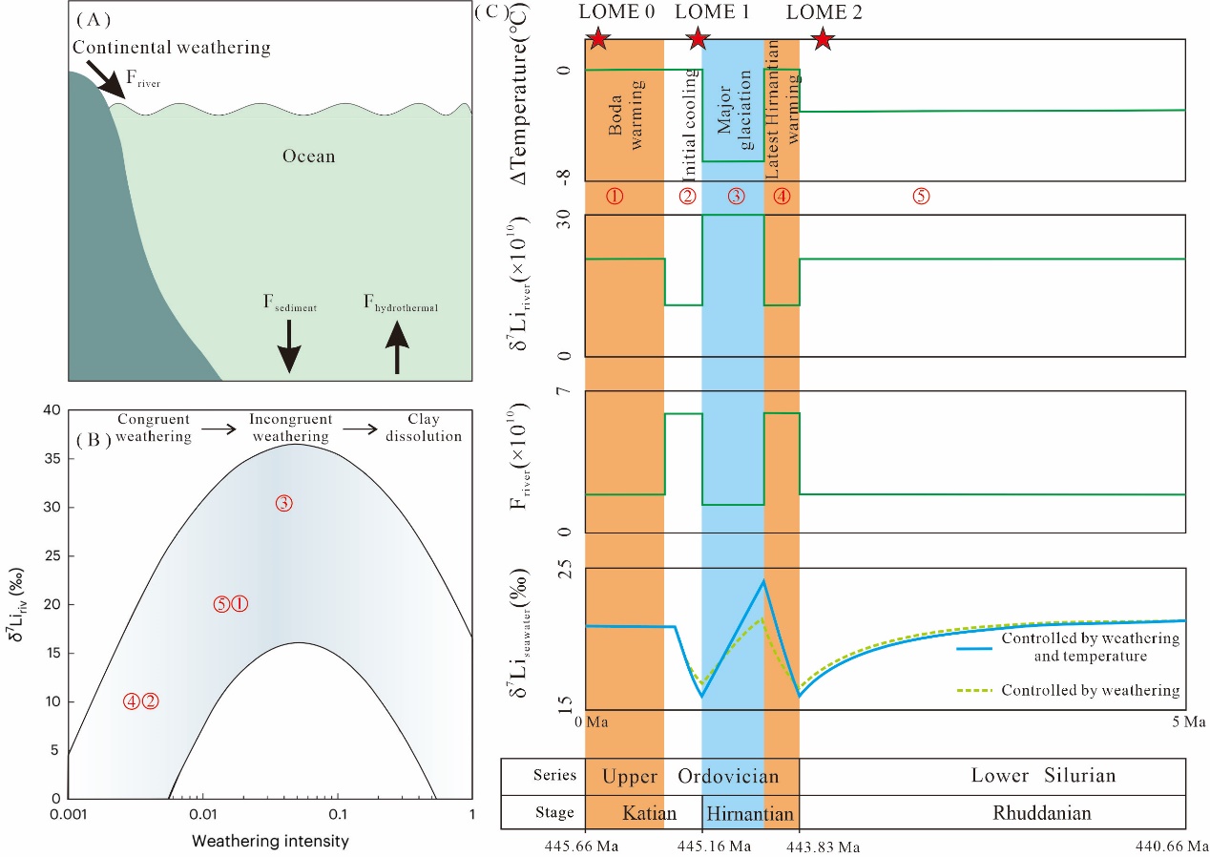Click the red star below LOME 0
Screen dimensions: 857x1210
(x=597, y=39)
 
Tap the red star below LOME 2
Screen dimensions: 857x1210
(x=823, y=39)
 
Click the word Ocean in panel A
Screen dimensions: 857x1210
(x=308, y=156)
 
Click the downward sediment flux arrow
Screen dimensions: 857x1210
(x=288, y=346)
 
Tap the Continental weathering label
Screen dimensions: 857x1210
(x=172, y=47)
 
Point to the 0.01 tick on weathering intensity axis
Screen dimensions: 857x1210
(x=202, y=816)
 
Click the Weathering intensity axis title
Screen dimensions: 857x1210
(x=270, y=842)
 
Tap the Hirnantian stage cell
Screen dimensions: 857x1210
(x=749, y=814)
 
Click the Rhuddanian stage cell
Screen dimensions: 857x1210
(x=1041, y=814)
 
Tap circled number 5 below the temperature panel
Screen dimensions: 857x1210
(x=921, y=196)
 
